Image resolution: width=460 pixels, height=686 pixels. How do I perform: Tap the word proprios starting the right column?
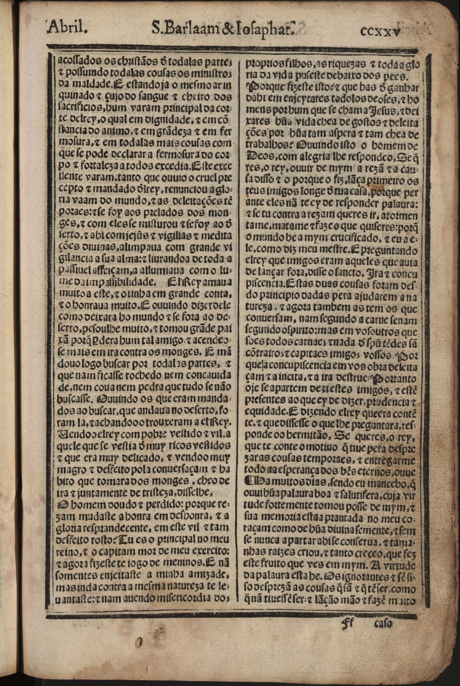tap(260, 60)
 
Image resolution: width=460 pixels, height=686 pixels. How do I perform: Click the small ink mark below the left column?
tap(139, 642)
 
